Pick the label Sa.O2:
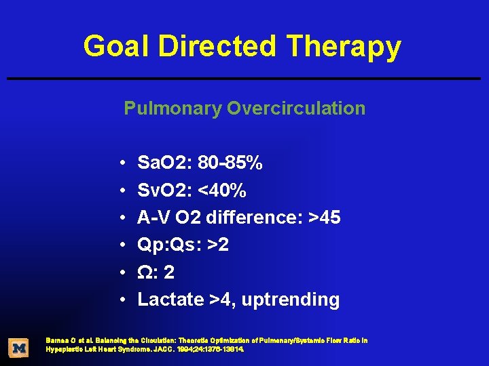click(164, 163)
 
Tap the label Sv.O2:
click(164, 191)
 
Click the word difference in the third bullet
click(255, 218)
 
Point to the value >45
click(325, 218)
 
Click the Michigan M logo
click(19, 348)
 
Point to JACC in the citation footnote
click(186, 349)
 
